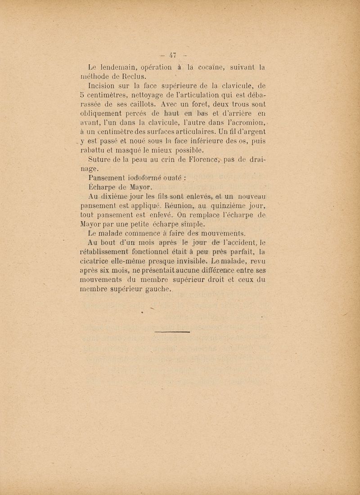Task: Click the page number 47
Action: pyautogui.click(x=171, y=56)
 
